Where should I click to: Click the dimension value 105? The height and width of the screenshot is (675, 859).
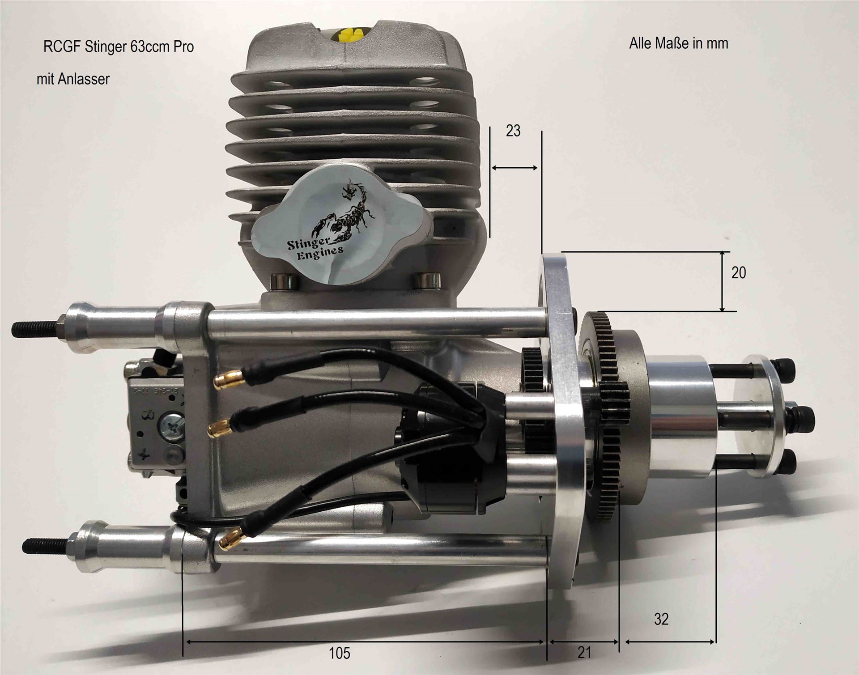point(340,654)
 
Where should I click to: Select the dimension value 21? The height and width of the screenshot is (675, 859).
point(584,653)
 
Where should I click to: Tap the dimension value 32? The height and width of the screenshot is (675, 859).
point(661,619)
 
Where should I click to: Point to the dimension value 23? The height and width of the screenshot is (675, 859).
point(513,131)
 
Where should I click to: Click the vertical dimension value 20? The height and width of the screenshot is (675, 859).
point(739,273)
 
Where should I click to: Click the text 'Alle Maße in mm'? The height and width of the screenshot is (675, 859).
point(679,43)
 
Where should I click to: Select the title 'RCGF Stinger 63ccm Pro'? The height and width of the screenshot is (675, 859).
point(119,47)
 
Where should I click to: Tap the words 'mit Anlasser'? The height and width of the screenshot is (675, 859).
point(73,79)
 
